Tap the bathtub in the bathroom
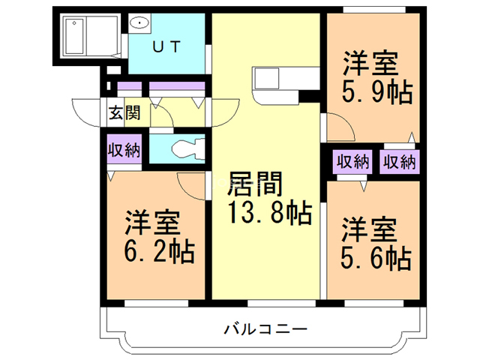[88, 34]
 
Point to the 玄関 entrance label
[124, 114]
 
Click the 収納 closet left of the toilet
[124, 150]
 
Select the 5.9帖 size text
[376, 92]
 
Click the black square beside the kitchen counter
[308, 95]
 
